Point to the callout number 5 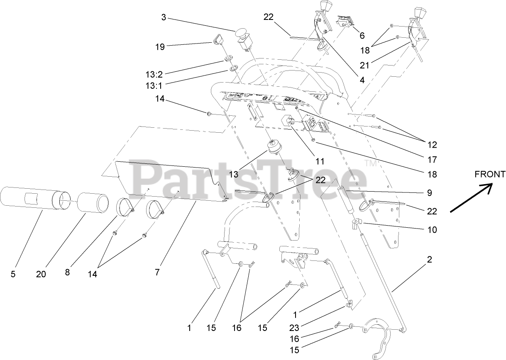(13, 274)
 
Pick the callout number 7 (157, 272)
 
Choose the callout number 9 (429, 192)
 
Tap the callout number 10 (432, 229)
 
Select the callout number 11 (320, 161)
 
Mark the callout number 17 (432, 159)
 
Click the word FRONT (490, 174)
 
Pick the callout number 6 (362, 36)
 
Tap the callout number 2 (430, 260)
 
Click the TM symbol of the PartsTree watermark (371, 164)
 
